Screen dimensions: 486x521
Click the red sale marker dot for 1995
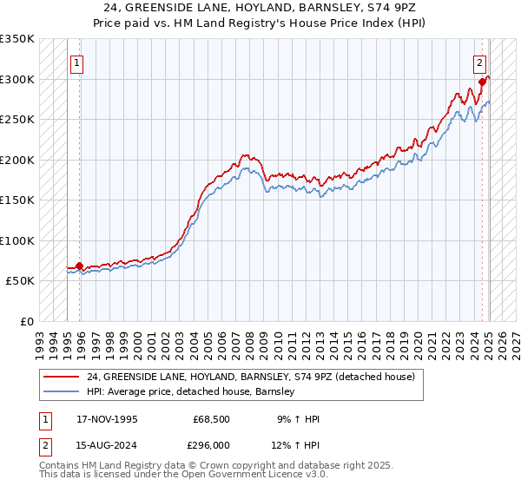[x=80, y=266]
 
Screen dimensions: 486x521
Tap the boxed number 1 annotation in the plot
[x=77, y=62]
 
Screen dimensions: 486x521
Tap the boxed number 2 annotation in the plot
[x=478, y=62]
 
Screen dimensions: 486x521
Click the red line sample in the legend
[x=63, y=377]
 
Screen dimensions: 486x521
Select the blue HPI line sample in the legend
[x=63, y=392]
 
